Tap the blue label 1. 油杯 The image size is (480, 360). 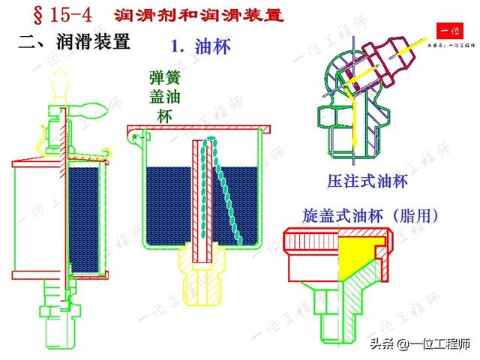point(201,46)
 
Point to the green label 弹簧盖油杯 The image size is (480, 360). point(164,96)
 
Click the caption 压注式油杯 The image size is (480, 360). point(367,181)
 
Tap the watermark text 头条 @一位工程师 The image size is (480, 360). point(421,344)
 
